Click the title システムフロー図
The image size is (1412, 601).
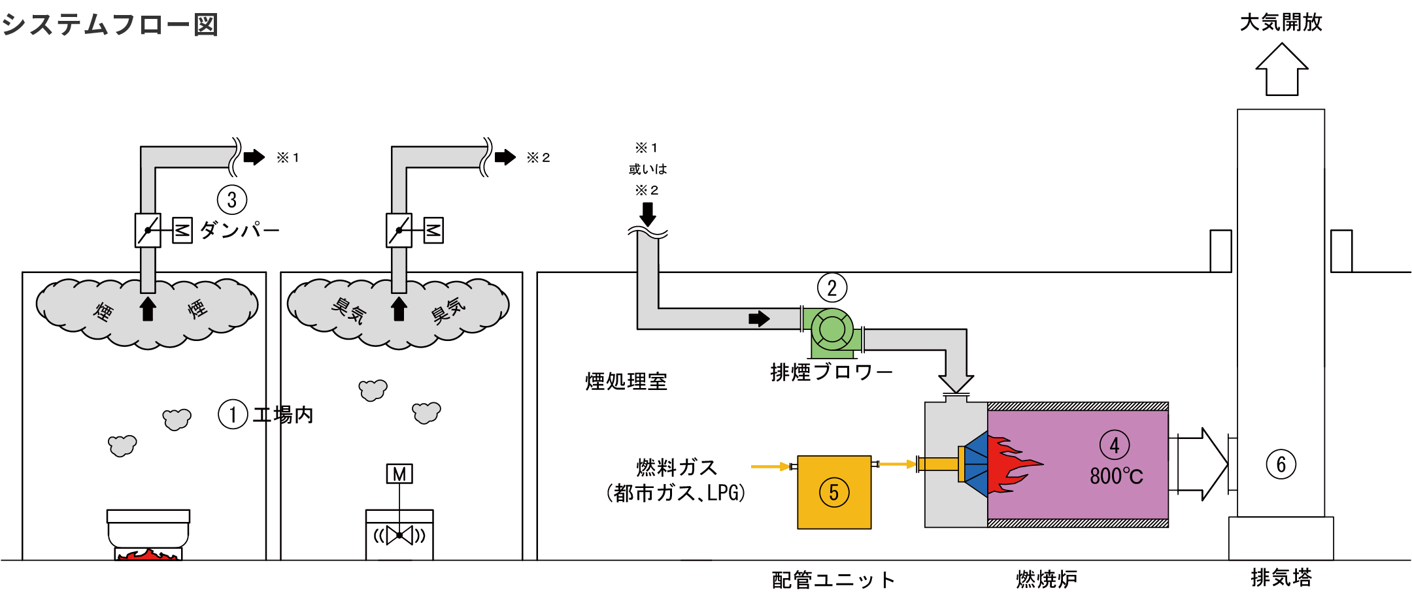(x=110, y=25)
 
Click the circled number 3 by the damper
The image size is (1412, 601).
(x=231, y=200)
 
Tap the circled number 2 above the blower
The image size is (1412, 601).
(x=832, y=288)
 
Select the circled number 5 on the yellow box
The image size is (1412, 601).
(x=834, y=493)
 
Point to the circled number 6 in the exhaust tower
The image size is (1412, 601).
(x=1281, y=464)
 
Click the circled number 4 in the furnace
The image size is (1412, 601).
(x=1114, y=446)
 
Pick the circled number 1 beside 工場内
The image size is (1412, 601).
(x=233, y=414)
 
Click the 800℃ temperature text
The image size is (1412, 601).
(x=1117, y=476)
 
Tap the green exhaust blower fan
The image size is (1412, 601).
(x=832, y=329)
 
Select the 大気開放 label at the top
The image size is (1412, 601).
(x=1281, y=23)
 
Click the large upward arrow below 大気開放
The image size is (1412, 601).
(x=1282, y=70)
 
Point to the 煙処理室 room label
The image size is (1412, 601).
(x=626, y=382)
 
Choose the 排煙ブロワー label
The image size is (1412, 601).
(x=831, y=372)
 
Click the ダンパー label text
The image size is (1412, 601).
(x=239, y=230)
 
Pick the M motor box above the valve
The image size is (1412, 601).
(x=399, y=474)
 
